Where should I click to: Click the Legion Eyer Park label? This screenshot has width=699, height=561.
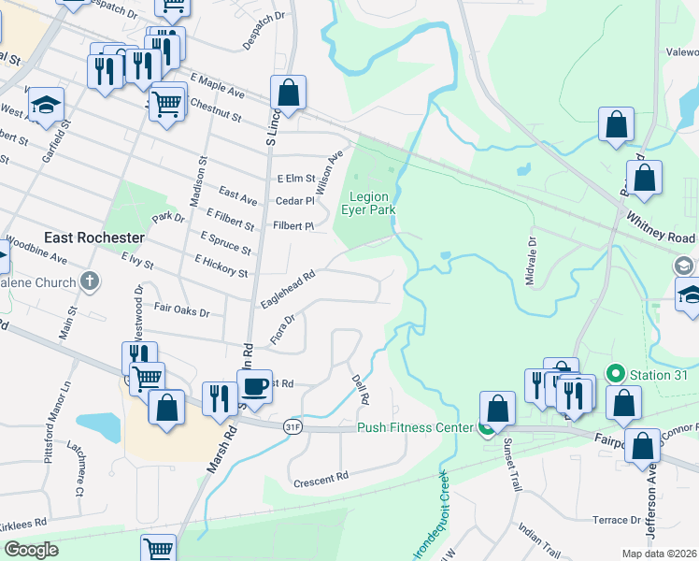pos(372,203)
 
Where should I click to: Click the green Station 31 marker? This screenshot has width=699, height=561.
pos(615,373)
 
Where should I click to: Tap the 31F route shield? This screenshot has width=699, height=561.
pos(293,426)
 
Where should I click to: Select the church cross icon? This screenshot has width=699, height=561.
pos(89,280)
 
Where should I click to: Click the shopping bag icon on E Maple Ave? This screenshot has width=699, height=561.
pos(289,93)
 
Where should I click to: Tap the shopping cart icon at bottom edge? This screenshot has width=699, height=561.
pos(159,549)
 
